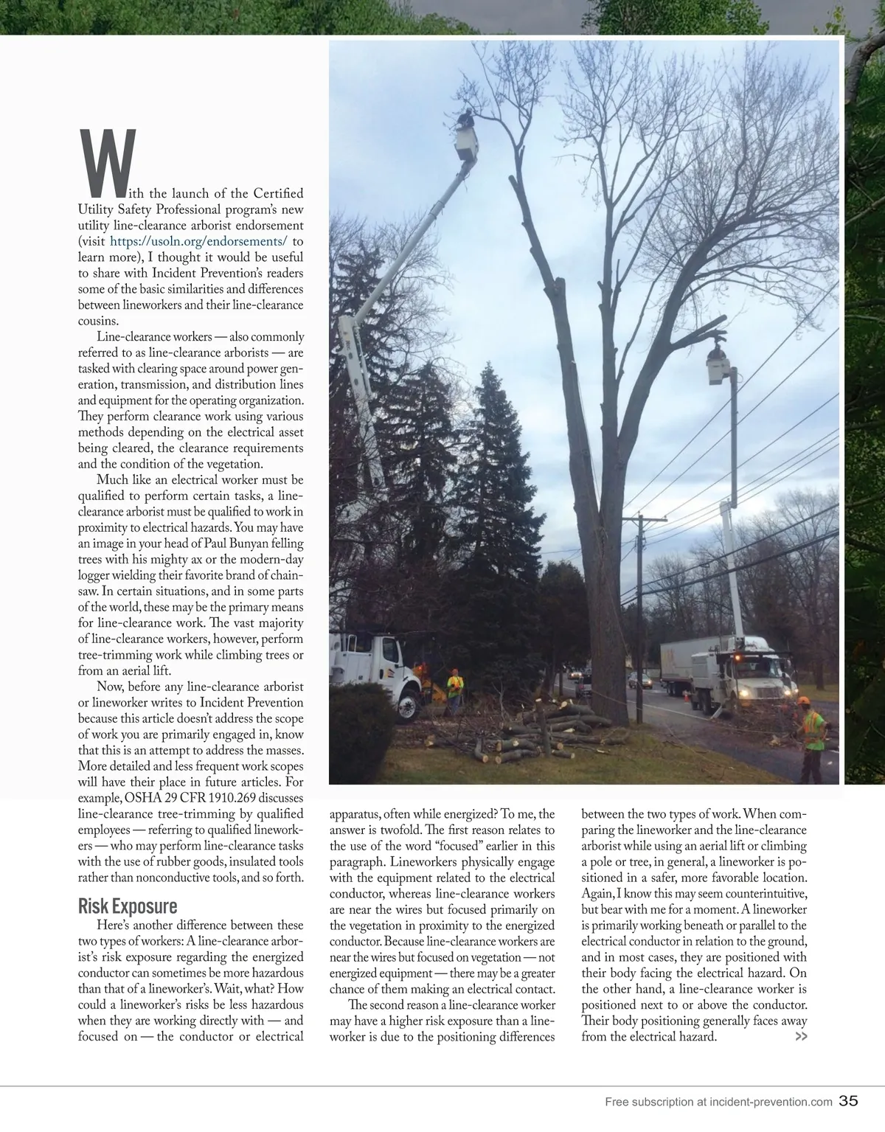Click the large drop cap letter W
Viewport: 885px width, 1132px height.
pos(107,159)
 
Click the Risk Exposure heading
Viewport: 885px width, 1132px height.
pos(128,906)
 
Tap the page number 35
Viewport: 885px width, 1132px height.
pos(848,1102)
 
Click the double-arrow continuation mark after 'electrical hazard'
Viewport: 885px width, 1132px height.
pos(800,1037)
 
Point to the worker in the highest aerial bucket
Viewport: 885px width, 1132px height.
pos(465,119)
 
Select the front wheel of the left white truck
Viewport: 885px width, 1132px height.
pos(406,705)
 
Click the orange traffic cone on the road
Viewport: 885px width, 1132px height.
pos(687,695)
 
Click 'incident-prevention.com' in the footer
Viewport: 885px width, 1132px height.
pos(771,1103)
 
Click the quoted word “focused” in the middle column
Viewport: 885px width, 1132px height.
pos(464,846)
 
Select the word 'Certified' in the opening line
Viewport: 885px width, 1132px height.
pos(278,193)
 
